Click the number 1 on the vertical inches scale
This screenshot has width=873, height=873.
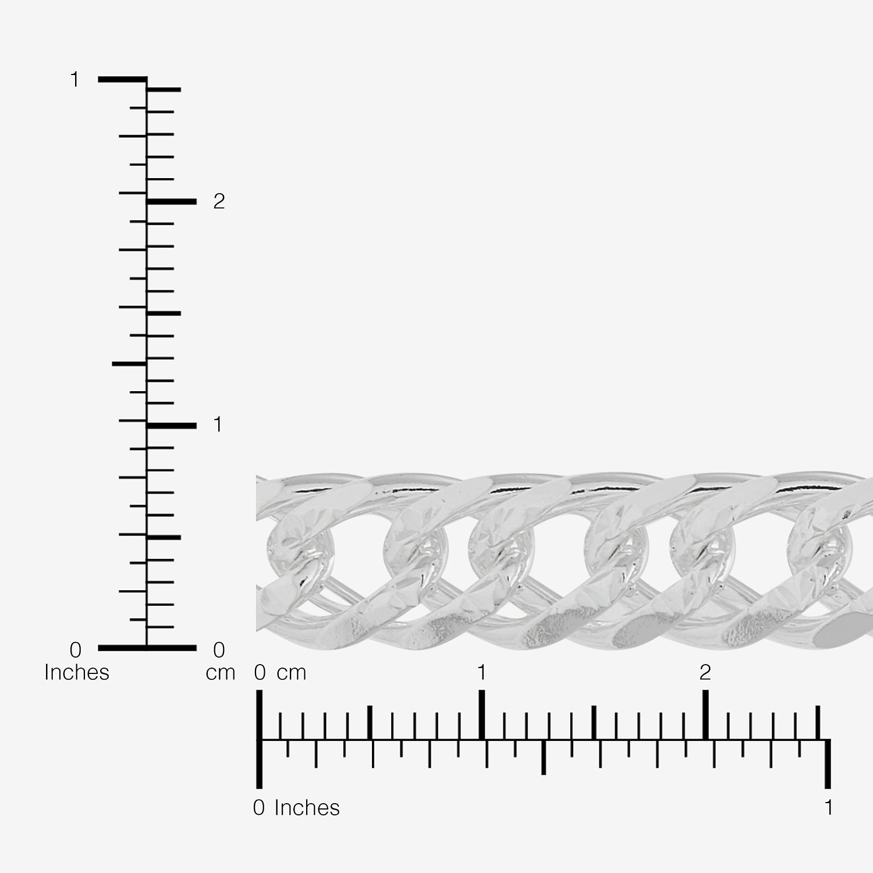coord(74,79)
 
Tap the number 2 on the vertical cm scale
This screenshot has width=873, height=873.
coord(219,201)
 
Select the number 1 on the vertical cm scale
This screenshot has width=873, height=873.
coord(218,425)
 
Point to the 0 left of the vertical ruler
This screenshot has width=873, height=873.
coord(76,649)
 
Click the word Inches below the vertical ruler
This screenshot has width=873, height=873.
coord(77,672)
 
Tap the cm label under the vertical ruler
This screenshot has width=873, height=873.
coord(221,673)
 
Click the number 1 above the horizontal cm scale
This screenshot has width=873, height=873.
coord(481,672)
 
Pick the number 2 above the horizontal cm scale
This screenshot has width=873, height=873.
coord(705,672)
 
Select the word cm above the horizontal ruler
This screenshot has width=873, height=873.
coord(292,673)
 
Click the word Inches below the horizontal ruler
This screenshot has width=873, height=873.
coord(307,808)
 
